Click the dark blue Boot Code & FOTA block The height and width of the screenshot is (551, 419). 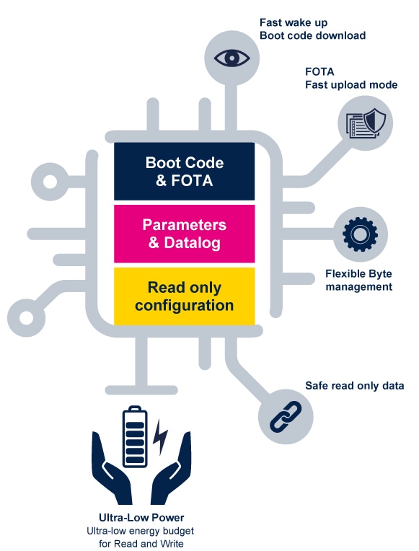(x=184, y=171)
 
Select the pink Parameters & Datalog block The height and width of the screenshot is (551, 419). (x=184, y=234)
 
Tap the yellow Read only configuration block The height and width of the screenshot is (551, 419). (x=184, y=296)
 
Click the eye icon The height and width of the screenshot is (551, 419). (x=231, y=56)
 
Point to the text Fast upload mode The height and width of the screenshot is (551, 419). (x=351, y=85)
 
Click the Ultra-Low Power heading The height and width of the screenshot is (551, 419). (x=141, y=517)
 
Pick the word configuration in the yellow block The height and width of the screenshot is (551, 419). (x=184, y=305)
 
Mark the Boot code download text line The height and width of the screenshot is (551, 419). (x=312, y=35)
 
